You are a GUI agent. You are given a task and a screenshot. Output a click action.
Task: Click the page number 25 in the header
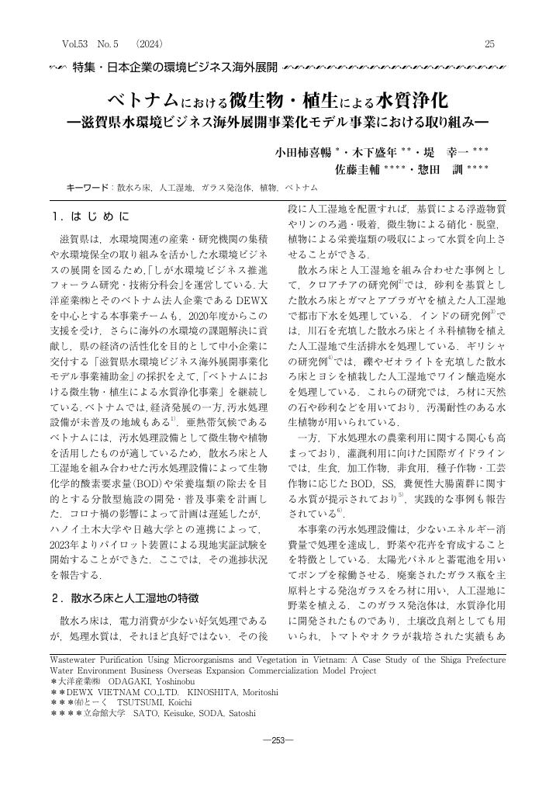tap(489, 44)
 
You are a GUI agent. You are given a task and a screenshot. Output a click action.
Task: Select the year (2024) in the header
tap(148, 44)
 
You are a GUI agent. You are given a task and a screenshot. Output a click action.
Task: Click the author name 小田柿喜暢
tap(304, 151)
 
